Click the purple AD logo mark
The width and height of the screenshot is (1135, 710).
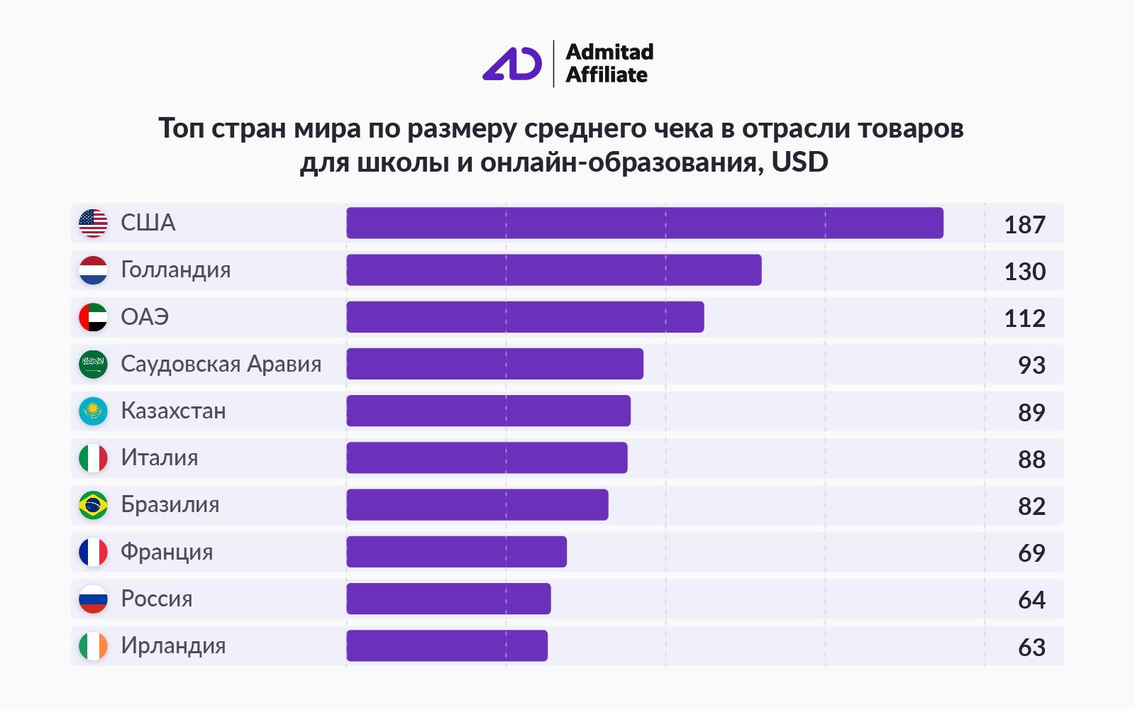(x=511, y=64)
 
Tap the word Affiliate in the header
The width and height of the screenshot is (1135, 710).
(x=607, y=75)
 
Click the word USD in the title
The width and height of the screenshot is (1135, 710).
(x=799, y=162)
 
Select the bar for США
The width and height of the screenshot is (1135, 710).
(x=644, y=223)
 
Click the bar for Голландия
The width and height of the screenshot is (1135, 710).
(x=553, y=270)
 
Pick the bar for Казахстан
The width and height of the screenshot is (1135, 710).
(x=488, y=411)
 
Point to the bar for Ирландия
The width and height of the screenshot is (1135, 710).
(x=447, y=645)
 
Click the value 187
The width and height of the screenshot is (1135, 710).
(x=1024, y=225)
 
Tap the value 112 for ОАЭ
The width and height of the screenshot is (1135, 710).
(x=1024, y=318)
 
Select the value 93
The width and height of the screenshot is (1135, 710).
(x=1031, y=365)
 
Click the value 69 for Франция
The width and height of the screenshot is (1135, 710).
(x=1031, y=553)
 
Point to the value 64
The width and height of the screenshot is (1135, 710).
(x=1031, y=600)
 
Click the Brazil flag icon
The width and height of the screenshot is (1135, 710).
(x=93, y=505)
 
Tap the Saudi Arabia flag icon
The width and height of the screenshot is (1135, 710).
(x=93, y=364)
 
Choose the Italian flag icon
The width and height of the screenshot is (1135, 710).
(x=93, y=458)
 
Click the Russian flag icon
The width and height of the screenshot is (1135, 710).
(x=93, y=599)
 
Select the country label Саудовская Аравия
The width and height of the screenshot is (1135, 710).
(x=221, y=364)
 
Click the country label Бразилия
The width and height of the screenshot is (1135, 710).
(x=170, y=505)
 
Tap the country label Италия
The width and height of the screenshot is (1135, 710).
(x=159, y=458)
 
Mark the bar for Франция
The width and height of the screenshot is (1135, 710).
(x=456, y=552)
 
